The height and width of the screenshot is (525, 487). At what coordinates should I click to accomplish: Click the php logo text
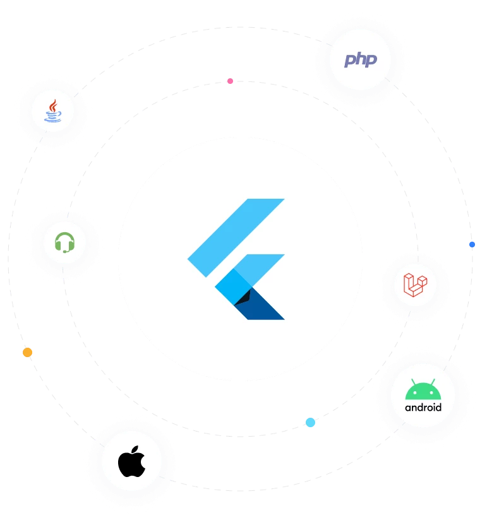pyautogui.click(x=360, y=60)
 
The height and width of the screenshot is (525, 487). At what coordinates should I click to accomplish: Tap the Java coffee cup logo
pyautogui.click(x=53, y=112)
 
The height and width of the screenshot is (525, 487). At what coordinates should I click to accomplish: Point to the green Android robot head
pyautogui.click(x=423, y=391)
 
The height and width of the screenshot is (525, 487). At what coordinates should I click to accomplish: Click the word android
pyautogui.click(x=423, y=408)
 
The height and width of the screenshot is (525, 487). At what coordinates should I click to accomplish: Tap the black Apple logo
pyautogui.click(x=131, y=464)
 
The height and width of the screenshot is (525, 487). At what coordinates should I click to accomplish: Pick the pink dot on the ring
pyautogui.click(x=231, y=81)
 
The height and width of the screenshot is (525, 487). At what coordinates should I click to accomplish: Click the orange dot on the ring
pyautogui.click(x=27, y=352)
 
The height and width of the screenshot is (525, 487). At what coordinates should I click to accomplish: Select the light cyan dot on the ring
pyautogui.click(x=310, y=422)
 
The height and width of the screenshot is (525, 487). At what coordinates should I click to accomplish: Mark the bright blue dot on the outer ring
pyautogui.click(x=471, y=244)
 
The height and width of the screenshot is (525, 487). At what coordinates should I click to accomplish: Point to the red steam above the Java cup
pyautogui.click(x=54, y=103)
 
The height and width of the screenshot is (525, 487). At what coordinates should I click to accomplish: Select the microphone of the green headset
pyautogui.click(x=65, y=251)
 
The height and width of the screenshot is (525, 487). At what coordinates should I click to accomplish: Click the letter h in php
pyautogui.click(x=360, y=59)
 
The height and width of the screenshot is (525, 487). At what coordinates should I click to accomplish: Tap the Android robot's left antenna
pyautogui.click(x=412, y=382)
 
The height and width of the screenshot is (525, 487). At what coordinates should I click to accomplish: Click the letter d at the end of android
pyautogui.click(x=438, y=407)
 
